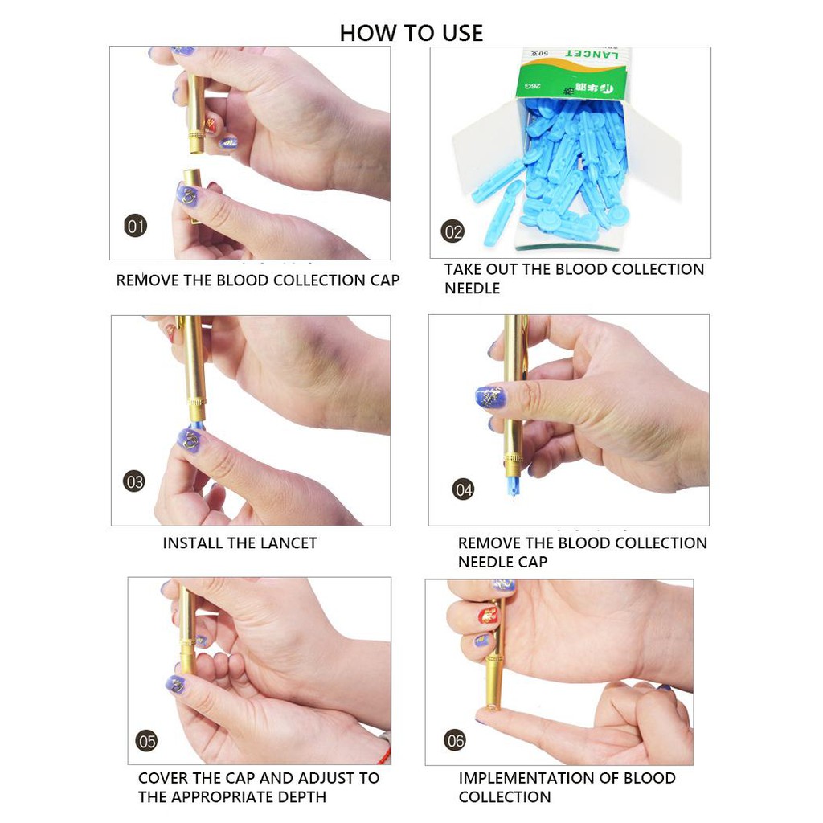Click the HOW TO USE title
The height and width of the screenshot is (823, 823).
[x=411, y=33]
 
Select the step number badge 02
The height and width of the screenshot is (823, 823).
[x=453, y=232]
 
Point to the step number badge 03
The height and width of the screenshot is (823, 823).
[x=134, y=481]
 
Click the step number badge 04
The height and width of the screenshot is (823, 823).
[x=463, y=489]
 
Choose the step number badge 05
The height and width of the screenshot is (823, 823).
[x=147, y=741]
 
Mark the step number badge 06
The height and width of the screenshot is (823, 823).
[x=455, y=740]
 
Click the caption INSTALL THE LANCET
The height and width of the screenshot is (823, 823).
[x=240, y=543]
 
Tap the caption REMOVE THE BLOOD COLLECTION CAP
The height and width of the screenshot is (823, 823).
[x=257, y=280]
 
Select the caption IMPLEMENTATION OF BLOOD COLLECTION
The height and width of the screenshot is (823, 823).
[x=566, y=788]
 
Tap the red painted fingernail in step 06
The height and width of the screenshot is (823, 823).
[x=487, y=616]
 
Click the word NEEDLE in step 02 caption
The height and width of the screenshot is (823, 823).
[x=473, y=289]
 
